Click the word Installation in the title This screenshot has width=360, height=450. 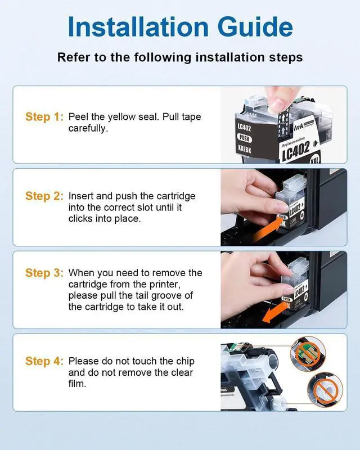point(138,26)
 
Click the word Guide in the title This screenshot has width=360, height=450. point(255,26)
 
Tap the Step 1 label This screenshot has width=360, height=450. point(44,117)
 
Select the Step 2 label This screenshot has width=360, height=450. point(44,196)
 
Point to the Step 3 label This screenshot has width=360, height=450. point(44,273)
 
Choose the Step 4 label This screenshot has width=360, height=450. point(44,361)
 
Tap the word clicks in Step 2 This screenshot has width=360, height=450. point(80,219)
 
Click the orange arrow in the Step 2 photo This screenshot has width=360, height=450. point(267,229)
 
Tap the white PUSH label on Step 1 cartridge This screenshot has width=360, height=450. point(244,138)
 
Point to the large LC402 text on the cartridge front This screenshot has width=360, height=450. point(296,151)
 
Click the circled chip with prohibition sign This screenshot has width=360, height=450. point(308,354)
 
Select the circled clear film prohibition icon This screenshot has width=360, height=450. point(325,390)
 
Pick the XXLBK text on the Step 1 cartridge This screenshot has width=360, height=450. point(244,149)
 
